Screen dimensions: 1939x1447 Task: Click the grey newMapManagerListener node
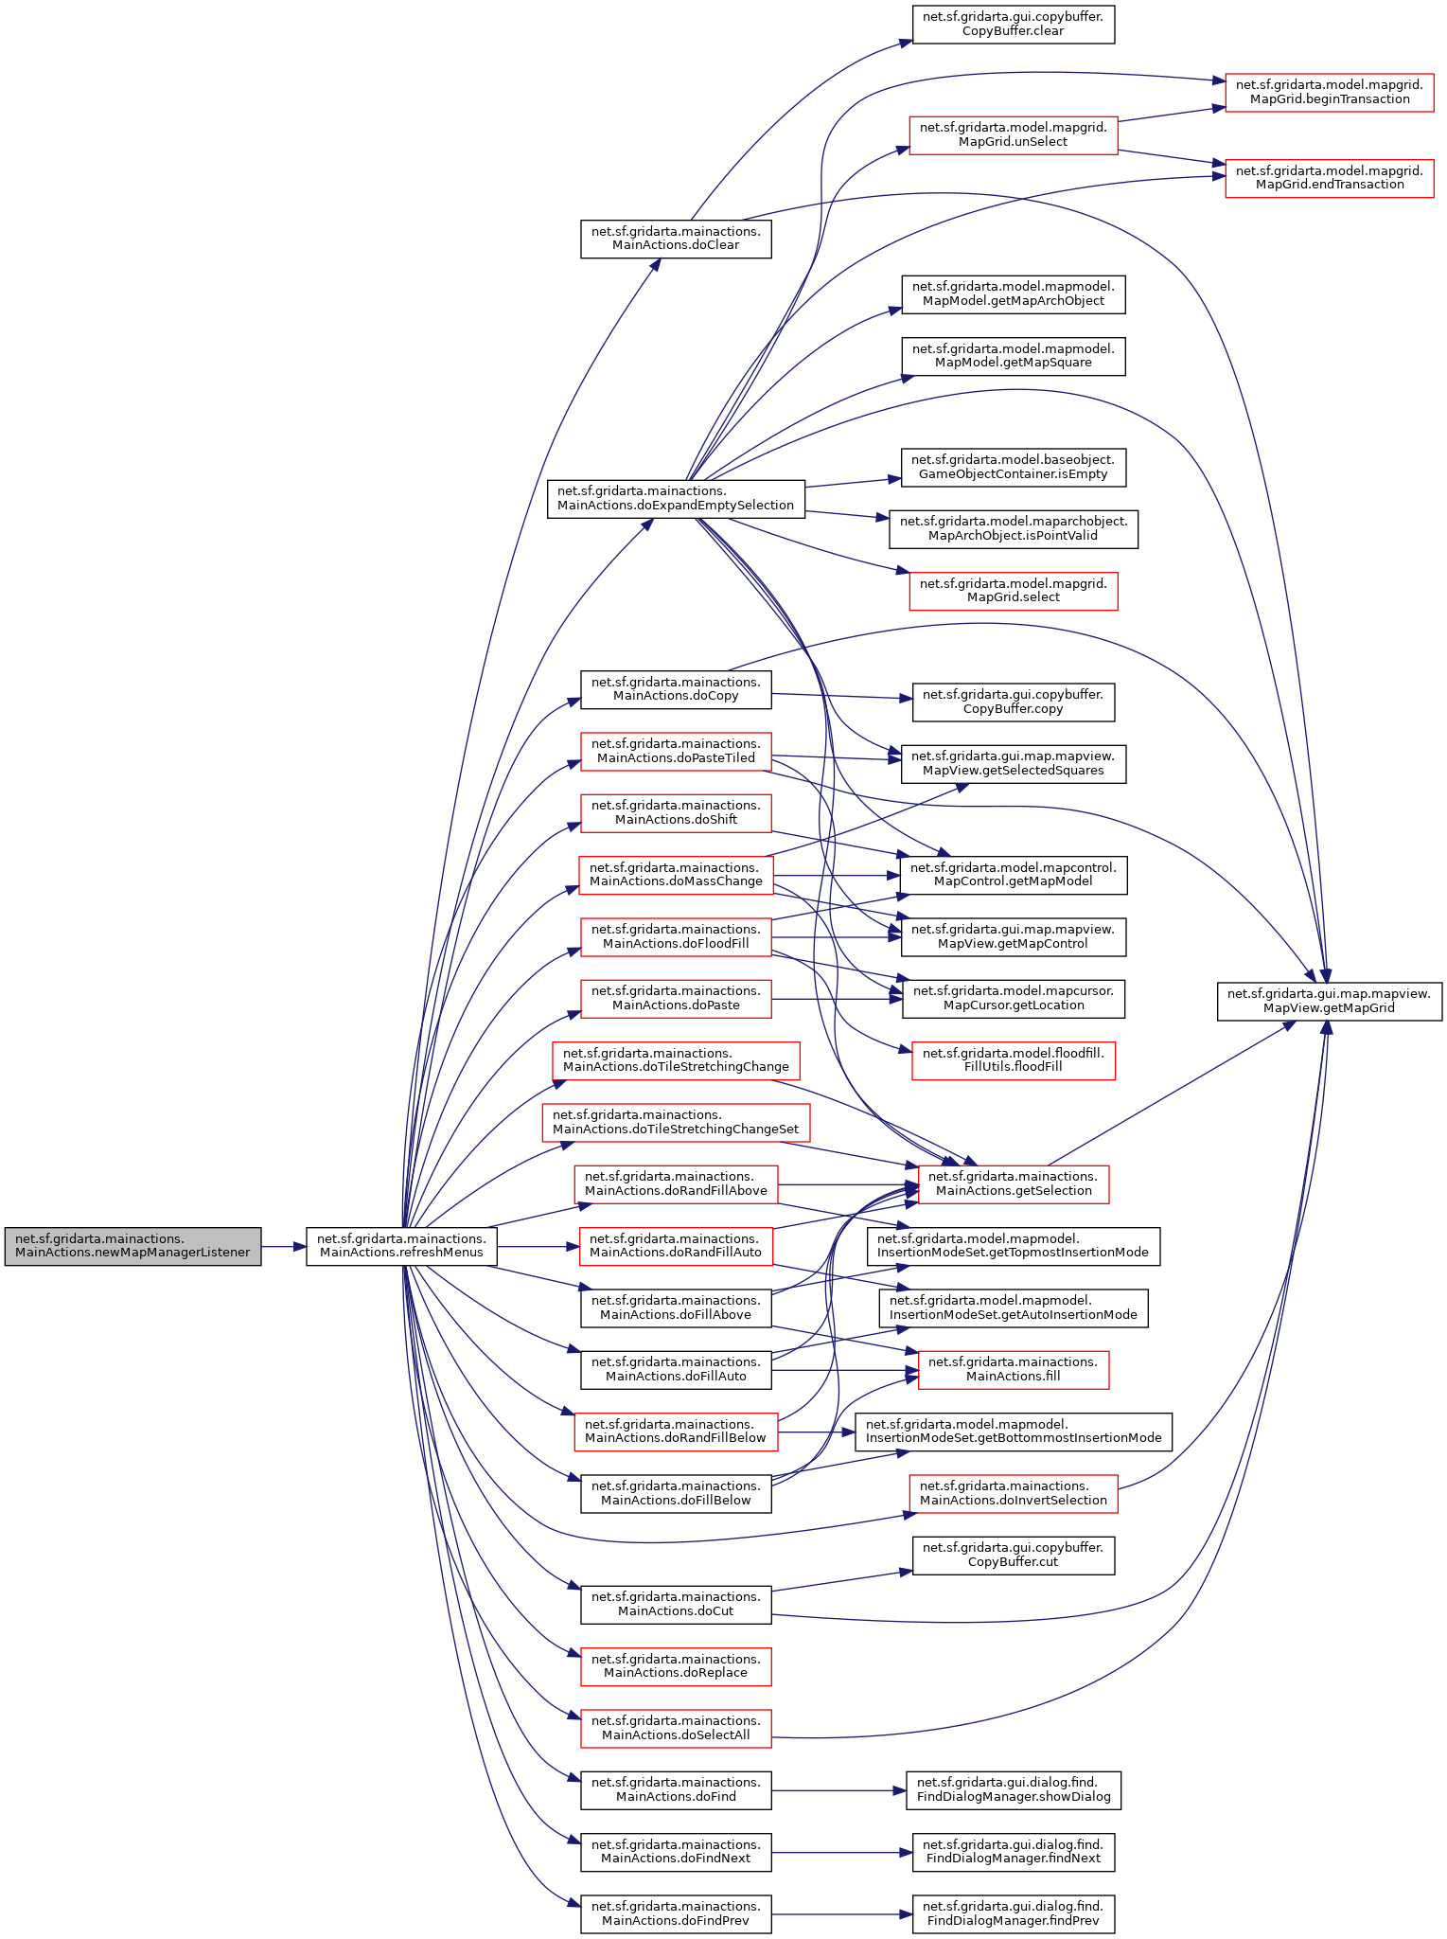pyautogui.click(x=132, y=1246)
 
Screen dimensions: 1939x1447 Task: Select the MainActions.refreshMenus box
pyautogui.click(x=401, y=1246)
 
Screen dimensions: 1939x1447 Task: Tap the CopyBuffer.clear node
pyautogui.click(x=1013, y=24)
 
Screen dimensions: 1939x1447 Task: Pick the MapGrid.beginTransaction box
pyautogui.click(x=1329, y=92)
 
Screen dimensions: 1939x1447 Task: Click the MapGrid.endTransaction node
pyautogui.click(x=1329, y=178)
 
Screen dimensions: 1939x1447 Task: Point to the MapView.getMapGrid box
pyautogui.click(x=1329, y=1001)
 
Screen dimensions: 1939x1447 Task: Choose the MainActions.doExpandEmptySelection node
pyautogui.click(x=676, y=498)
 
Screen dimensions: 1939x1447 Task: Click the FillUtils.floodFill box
pyautogui.click(x=1013, y=1059)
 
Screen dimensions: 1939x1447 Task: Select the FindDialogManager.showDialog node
pyautogui.click(x=1013, y=1789)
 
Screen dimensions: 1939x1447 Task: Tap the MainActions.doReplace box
pyautogui.click(x=676, y=1666)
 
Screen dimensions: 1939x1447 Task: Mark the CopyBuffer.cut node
pyautogui.click(x=1013, y=1555)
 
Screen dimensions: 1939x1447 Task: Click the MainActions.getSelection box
pyautogui.click(x=1013, y=1183)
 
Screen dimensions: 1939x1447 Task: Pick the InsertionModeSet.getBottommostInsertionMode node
pyautogui.click(x=1013, y=1431)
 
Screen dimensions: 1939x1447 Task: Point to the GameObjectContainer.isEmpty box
pyautogui.click(x=1013, y=467)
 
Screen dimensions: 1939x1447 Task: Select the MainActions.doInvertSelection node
pyautogui.click(x=1013, y=1493)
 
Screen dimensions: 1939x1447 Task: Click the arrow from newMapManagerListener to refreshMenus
pyautogui.click(x=283, y=1247)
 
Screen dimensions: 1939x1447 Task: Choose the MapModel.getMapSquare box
pyautogui.click(x=1013, y=355)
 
